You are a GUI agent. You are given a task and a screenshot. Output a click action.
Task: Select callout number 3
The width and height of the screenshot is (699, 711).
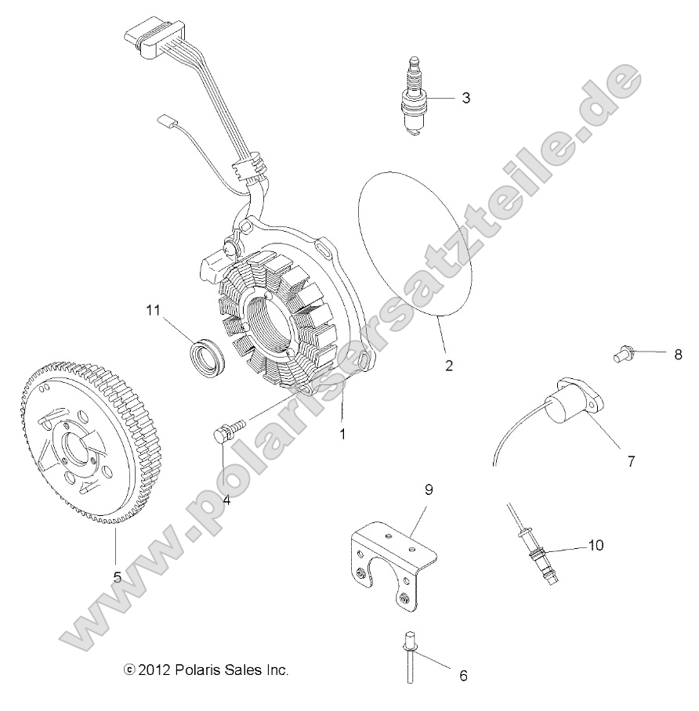coord(465,98)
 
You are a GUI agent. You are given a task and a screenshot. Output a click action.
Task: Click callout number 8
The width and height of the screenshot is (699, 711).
coord(678,354)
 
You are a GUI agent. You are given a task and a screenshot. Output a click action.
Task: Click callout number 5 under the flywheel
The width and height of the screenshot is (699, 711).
coord(117,577)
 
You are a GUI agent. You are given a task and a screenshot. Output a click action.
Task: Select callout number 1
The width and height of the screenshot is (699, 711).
coord(342,432)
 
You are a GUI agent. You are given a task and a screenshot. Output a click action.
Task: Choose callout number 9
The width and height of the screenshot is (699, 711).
coord(429,490)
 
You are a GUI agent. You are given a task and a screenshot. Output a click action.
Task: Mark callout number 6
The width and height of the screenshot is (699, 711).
coord(463,675)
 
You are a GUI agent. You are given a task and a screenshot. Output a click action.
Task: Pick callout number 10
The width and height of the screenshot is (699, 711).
coord(596,545)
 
